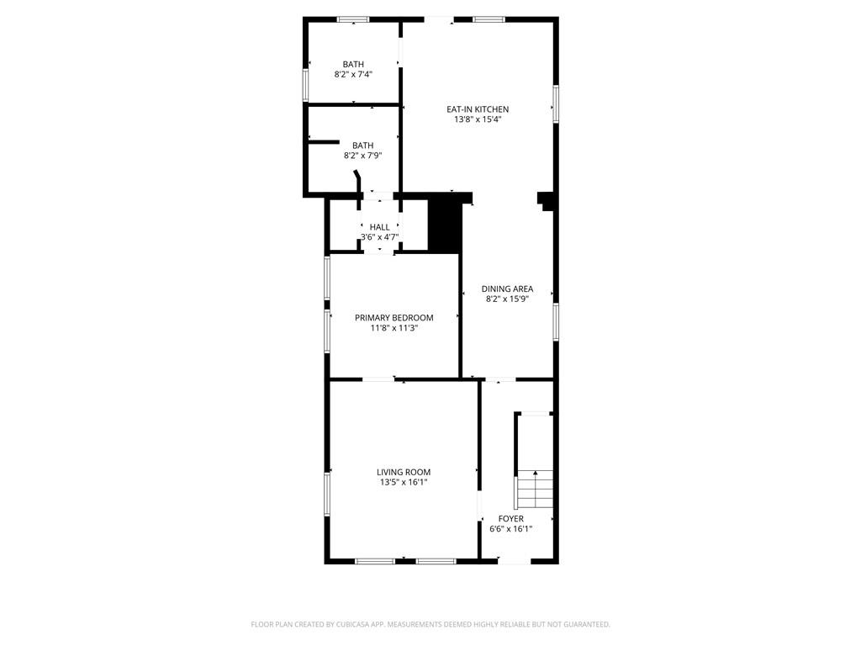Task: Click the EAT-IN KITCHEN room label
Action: click(x=478, y=109)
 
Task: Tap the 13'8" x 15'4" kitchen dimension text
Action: click(x=478, y=119)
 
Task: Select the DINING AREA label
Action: click(x=507, y=289)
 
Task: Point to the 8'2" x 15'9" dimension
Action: click(x=507, y=299)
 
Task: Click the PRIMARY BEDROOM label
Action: click(x=394, y=318)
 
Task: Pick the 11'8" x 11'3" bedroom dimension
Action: click(x=394, y=328)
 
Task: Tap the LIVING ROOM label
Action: click(x=404, y=473)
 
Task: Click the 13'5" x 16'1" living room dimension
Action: click(x=404, y=482)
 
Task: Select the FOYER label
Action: click(x=510, y=519)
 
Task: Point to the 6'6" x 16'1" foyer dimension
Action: click(x=510, y=529)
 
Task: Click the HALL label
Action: click(x=379, y=227)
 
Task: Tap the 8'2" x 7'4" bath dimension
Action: click(x=354, y=74)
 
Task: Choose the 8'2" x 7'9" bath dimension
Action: click(x=363, y=156)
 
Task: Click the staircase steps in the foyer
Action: click(x=535, y=489)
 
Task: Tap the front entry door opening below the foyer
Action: click(x=515, y=561)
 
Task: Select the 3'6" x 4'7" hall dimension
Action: click(x=379, y=237)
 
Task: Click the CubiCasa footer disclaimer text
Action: click(x=430, y=625)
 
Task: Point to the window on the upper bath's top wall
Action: click(x=353, y=20)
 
